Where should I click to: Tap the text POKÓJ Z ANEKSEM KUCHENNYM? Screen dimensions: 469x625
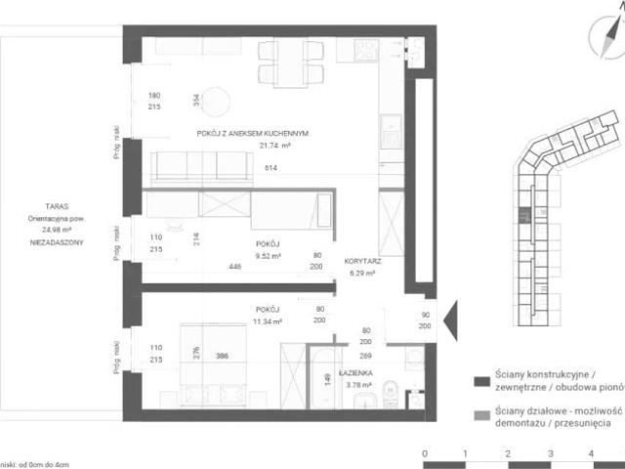pos(253,134)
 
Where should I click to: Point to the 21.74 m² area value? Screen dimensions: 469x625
pos(276,146)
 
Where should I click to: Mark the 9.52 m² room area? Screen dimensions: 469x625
pos(269,256)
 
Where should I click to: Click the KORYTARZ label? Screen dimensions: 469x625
pos(362,262)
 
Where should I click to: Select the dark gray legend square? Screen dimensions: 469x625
pos(479,382)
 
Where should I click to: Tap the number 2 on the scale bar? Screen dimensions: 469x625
pos(508,453)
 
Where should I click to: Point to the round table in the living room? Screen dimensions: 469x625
pos(216,102)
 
